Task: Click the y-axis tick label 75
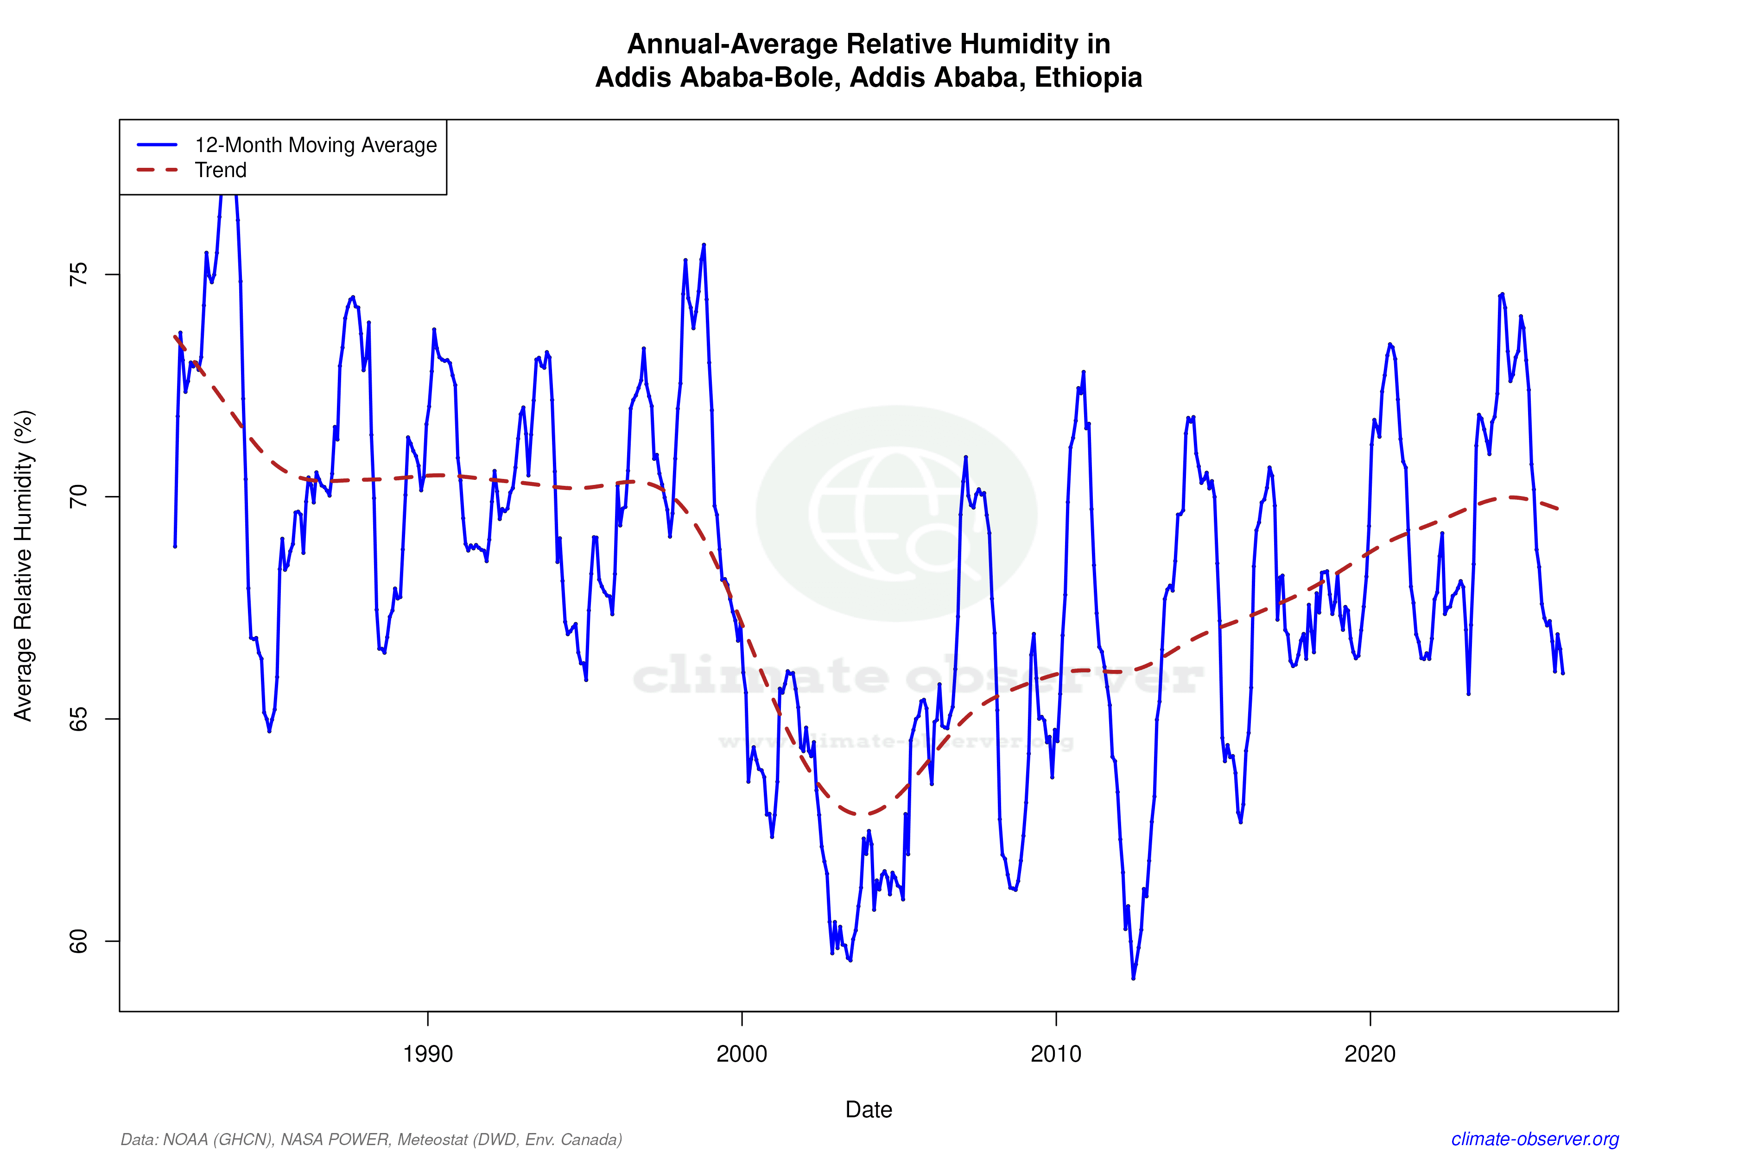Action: coord(77,274)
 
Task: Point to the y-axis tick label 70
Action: coord(77,497)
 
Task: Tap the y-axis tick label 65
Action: coord(77,719)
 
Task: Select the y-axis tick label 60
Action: coord(77,942)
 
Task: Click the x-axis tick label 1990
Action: coord(427,1053)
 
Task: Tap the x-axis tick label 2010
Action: coord(1056,1053)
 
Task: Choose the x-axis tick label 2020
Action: coord(1370,1053)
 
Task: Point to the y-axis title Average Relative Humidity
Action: coord(24,566)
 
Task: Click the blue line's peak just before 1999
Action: coord(704,245)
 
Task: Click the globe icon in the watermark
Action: coord(896,513)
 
